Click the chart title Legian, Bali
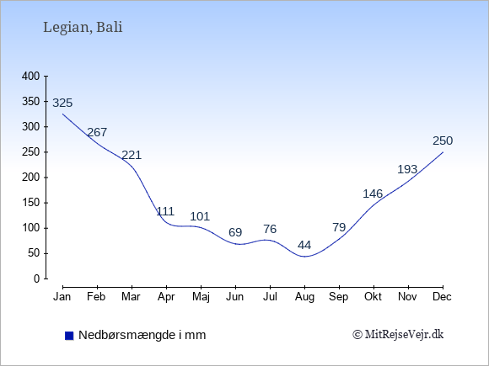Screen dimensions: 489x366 pos(83,28)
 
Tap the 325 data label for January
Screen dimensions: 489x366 pos(62,103)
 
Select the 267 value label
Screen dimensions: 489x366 pos(97,132)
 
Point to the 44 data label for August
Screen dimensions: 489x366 pos(304,245)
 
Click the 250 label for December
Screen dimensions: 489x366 pos(443,141)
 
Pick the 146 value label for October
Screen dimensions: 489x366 pos(373,194)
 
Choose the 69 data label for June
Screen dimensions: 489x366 pos(235,232)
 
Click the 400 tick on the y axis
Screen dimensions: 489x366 pos(31,77)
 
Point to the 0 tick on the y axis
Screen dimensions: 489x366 pos(37,278)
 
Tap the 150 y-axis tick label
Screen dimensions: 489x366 pos(31,203)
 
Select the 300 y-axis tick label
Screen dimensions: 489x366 pos(31,127)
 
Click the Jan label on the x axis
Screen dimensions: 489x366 pos(62,297)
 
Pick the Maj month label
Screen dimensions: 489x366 pos(201,297)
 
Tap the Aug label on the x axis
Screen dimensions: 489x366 pos(304,297)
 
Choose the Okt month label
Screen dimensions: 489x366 pos(373,297)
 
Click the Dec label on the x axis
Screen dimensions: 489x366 pos(442,297)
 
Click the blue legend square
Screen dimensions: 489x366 pos(69,336)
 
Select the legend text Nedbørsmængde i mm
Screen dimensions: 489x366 pos(142,336)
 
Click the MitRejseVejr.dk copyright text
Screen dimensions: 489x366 pos(398,335)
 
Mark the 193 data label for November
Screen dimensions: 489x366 pos(407,170)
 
